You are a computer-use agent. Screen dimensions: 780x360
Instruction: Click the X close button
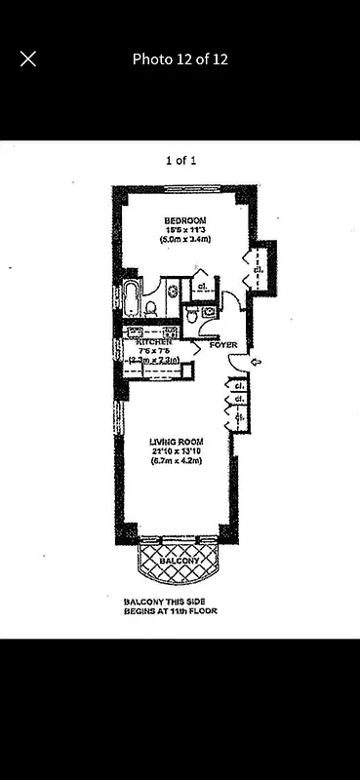point(28,58)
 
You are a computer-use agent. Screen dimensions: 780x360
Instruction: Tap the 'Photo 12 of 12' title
point(180,58)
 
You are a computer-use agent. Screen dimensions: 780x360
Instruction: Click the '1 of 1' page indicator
point(180,161)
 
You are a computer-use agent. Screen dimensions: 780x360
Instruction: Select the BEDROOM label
point(182,219)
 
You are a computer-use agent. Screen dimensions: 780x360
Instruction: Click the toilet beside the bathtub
point(151,308)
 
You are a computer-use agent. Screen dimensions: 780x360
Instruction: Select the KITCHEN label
point(154,342)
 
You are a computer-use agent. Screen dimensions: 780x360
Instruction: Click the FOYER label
point(220,344)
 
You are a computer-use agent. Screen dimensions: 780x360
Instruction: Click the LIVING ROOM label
point(175,441)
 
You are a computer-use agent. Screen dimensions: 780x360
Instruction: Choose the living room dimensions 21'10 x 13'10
point(175,450)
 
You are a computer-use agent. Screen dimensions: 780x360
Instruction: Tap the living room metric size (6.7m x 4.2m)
point(175,461)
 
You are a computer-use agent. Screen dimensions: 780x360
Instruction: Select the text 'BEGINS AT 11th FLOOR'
point(170,611)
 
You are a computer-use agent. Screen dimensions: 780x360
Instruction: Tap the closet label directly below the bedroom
point(201,287)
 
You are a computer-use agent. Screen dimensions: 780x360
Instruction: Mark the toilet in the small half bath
point(193,315)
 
